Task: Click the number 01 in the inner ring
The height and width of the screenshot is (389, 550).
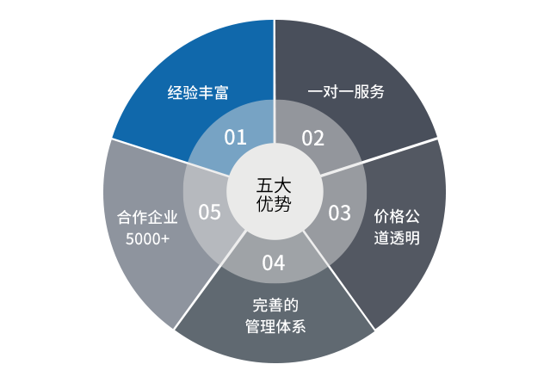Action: coord(235,137)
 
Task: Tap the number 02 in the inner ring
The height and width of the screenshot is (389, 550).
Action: coord(313,139)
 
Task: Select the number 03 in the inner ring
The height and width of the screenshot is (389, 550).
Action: coord(339,213)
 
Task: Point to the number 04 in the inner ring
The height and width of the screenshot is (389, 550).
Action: coord(274,262)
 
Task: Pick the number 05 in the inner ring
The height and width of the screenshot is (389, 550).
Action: coord(210,212)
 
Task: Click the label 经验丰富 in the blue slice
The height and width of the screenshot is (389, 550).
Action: coord(198,93)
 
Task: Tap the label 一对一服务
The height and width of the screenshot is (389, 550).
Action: coord(346,91)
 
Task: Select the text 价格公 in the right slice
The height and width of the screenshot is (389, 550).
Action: coord(397,216)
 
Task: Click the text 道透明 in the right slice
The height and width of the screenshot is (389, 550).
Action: coord(397,238)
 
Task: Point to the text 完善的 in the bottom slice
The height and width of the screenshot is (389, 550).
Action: coord(275,306)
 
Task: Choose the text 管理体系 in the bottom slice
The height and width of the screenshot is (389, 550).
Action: coord(275,326)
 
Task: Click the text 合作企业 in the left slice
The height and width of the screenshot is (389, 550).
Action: coord(147,217)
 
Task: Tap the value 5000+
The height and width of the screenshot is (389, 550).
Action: coord(147,239)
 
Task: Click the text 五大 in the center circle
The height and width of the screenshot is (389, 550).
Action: coord(274,186)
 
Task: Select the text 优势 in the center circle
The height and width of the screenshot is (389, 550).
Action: coord(274,203)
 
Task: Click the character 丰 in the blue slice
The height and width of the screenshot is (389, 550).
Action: coord(206,93)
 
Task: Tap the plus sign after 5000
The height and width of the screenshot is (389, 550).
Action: coord(165,239)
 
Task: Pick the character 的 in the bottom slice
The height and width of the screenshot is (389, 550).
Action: coord(291,306)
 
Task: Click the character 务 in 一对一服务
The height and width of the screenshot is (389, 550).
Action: coord(377,91)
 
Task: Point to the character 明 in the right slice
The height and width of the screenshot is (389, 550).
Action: coord(412,238)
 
